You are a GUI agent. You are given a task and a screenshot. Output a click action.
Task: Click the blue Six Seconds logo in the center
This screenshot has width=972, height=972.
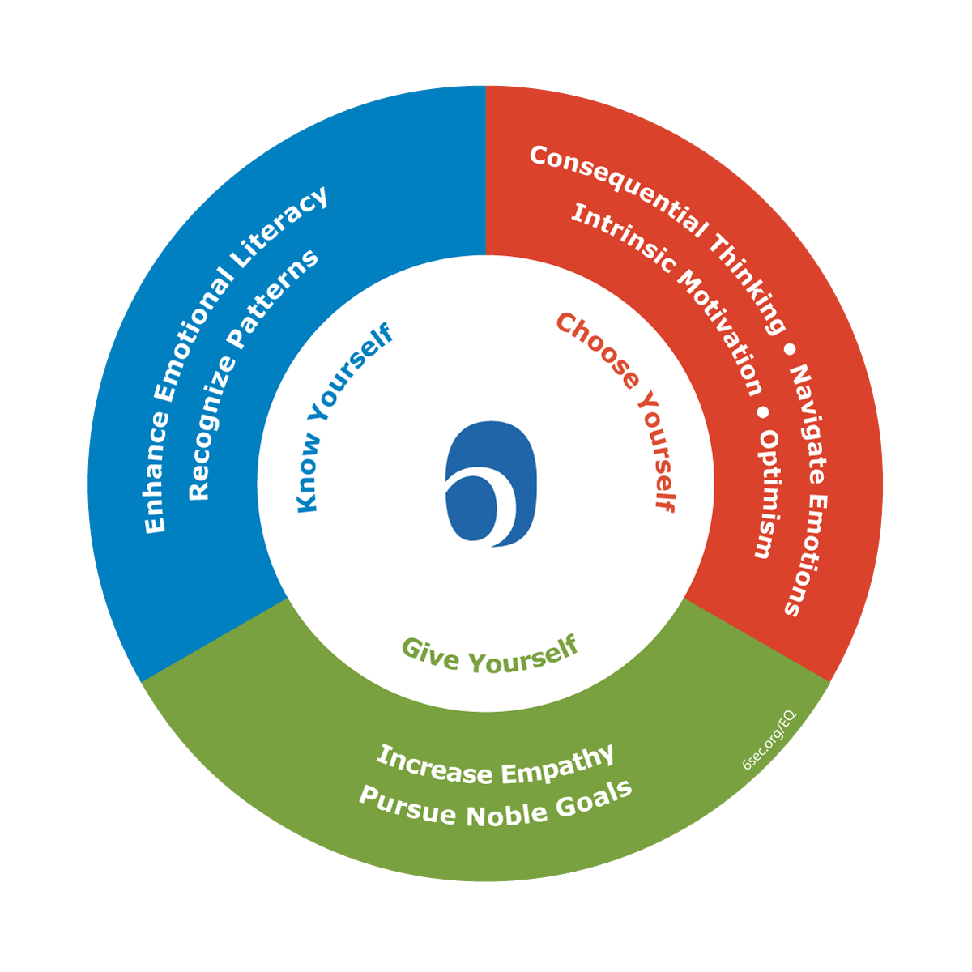(491, 484)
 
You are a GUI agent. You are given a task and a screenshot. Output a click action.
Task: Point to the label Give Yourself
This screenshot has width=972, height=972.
(491, 654)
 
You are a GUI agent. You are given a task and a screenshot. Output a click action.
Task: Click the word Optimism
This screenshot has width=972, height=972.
(766, 494)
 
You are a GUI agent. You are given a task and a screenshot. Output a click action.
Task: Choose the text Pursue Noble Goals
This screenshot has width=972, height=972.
(495, 805)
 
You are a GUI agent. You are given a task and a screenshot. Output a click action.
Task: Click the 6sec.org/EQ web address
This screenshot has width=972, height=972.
(769, 740)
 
